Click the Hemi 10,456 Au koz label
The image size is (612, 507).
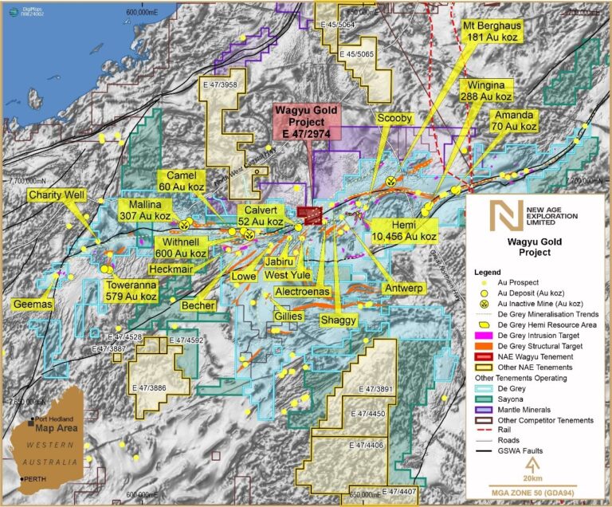click(405, 231)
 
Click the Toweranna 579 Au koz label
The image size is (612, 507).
click(130, 289)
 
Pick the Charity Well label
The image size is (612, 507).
click(57, 195)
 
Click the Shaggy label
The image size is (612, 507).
click(339, 320)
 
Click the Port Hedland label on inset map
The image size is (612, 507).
click(57, 420)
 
